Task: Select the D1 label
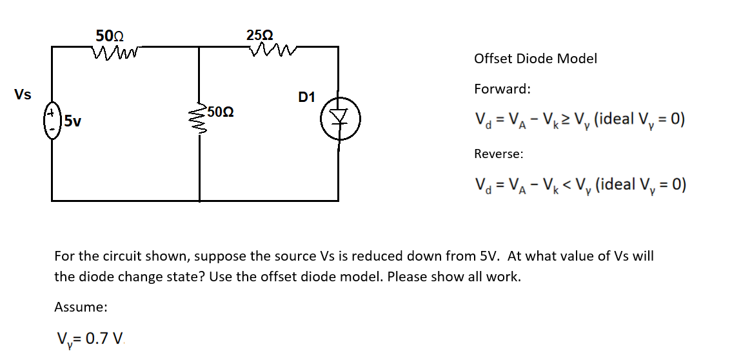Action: point(307,97)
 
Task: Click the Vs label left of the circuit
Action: point(23,95)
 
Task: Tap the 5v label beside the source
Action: point(73,121)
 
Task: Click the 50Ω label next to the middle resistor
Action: point(221,112)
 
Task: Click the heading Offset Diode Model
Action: point(535,59)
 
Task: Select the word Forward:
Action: point(502,89)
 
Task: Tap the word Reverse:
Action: point(499,154)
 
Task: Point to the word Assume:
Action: point(81,307)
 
